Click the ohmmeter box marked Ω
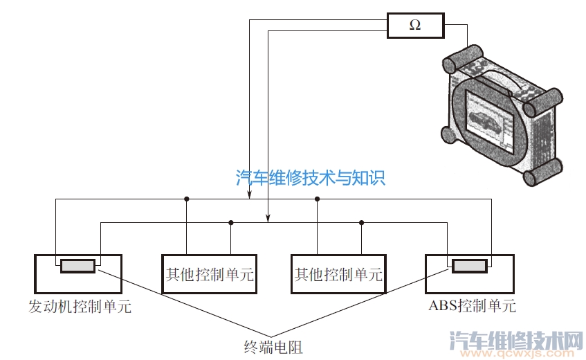[x=414, y=26]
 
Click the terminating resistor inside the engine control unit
[x=77, y=266]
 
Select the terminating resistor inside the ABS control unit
[x=468, y=266]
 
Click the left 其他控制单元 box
[x=208, y=274]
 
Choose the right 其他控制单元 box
[x=338, y=274]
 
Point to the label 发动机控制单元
[x=80, y=306]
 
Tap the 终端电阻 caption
[x=273, y=346]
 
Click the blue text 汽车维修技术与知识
[x=310, y=178]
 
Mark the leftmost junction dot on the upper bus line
[x=187, y=199]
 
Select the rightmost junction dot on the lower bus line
[x=361, y=222]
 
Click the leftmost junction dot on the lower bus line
[x=230, y=222]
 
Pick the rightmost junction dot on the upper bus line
[x=317, y=199]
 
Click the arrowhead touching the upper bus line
[x=250, y=196]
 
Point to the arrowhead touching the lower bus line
[x=268, y=219]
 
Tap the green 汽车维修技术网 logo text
[x=516, y=339]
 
